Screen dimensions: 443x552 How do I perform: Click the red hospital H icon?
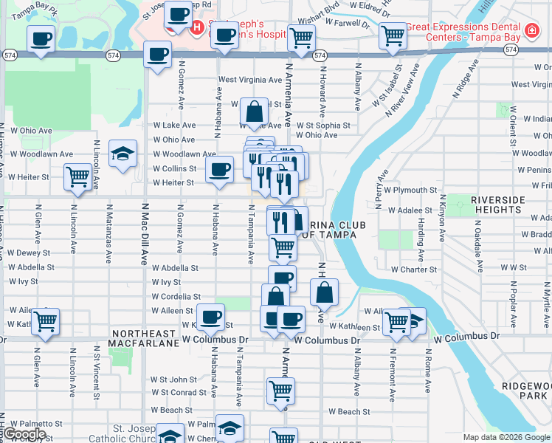196,29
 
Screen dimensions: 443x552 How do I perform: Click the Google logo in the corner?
24,434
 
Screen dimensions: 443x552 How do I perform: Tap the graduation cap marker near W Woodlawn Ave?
123,154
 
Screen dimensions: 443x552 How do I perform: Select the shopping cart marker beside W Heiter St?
77,177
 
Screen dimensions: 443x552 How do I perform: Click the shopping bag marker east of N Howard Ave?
324,292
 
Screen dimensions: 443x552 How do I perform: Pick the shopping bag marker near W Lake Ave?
254,112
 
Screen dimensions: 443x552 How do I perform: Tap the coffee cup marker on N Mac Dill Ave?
157,55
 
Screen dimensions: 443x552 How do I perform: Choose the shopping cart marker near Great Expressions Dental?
393,35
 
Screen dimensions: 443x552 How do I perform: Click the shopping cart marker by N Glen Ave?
45,320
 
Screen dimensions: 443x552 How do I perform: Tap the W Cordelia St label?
176,296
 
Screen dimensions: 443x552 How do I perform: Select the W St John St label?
173,380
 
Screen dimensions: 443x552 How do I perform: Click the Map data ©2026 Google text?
506,437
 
